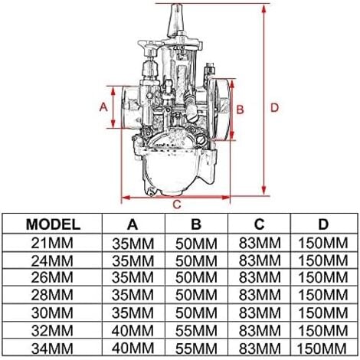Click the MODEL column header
(x=53, y=224)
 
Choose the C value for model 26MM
(x=260, y=277)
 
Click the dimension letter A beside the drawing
(x=104, y=107)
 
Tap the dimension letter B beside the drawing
(x=239, y=110)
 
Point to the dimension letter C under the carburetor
(x=176, y=204)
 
